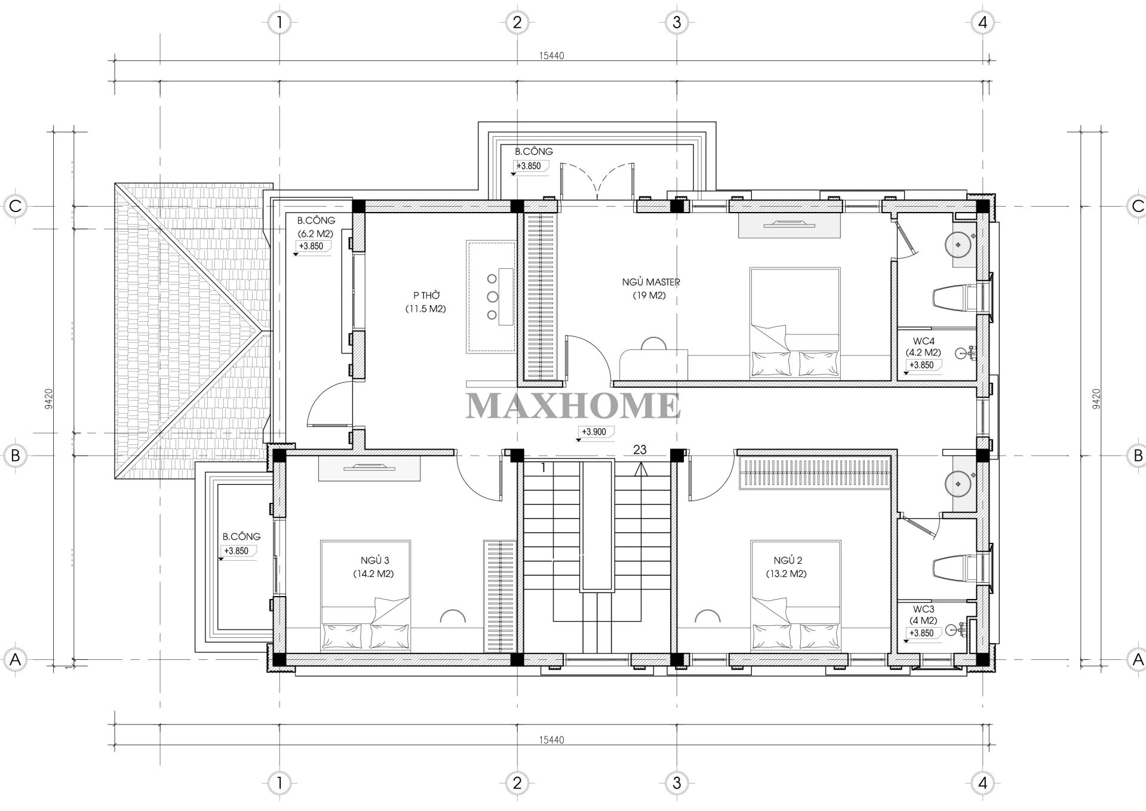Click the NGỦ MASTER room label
[651, 282]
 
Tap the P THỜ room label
[426, 296]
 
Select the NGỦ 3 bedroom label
[374, 560]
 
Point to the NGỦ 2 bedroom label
[787, 560]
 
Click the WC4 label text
[923, 341]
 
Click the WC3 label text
[923, 609]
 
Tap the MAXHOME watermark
[573, 405]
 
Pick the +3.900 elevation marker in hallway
[594, 432]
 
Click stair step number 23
[640, 450]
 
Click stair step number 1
[543, 468]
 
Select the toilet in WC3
[954, 567]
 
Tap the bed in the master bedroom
[795, 322]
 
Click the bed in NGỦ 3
[365, 595]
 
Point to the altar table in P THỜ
[491, 296]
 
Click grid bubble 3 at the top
[676, 23]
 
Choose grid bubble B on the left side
[16, 456]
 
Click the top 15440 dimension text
[551, 56]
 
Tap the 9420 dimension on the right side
[1095, 399]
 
